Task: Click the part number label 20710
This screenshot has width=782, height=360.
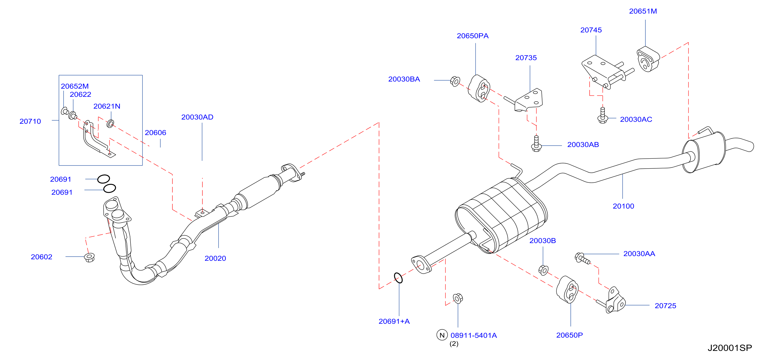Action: click(x=30, y=122)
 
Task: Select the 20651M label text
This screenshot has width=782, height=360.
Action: click(x=643, y=11)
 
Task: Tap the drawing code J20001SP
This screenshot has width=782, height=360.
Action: click(x=730, y=348)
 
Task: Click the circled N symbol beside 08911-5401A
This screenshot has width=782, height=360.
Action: click(x=442, y=335)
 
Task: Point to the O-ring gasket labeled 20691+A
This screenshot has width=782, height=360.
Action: click(x=398, y=278)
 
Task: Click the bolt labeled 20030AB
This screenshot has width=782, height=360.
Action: click(x=536, y=144)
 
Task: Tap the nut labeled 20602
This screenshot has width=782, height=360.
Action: click(x=89, y=257)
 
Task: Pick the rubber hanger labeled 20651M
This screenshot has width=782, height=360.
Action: click(x=648, y=59)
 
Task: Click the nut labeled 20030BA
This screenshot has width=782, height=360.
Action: click(x=455, y=81)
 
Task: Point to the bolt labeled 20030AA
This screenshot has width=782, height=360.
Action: click(x=582, y=259)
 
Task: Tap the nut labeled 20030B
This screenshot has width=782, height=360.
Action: click(x=543, y=270)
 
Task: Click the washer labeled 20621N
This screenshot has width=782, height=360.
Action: click(x=110, y=123)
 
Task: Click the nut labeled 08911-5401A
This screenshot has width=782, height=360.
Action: click(x=458, y=298)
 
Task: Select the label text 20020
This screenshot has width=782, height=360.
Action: click(x=215, y=259)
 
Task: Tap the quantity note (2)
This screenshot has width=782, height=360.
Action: click(x=454, y=344)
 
